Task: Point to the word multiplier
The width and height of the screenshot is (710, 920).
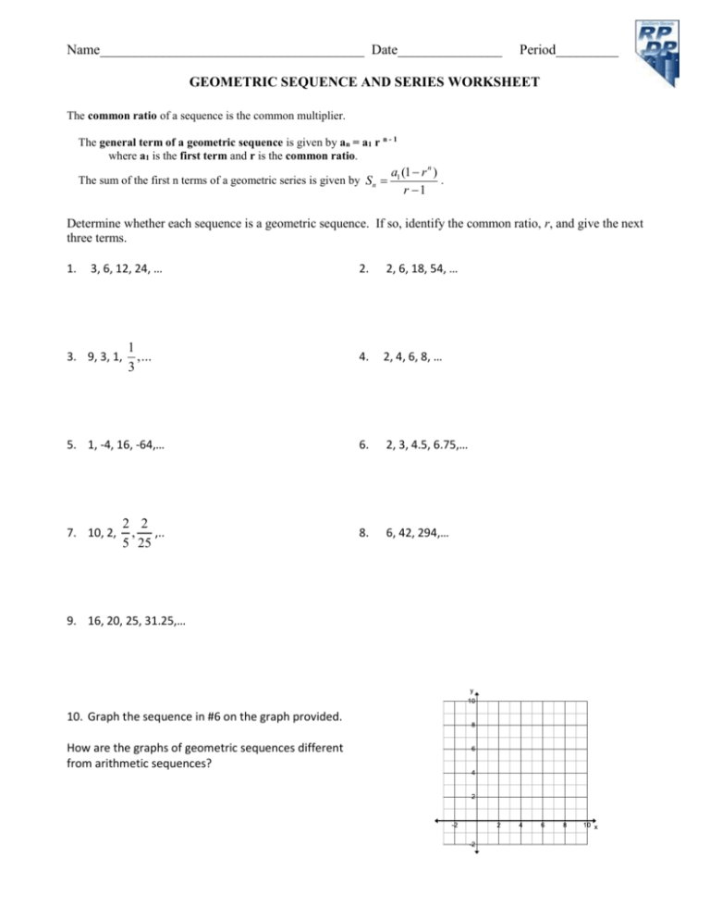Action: tap(325, 118)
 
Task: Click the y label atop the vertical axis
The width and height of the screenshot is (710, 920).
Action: tap(471, 690)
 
